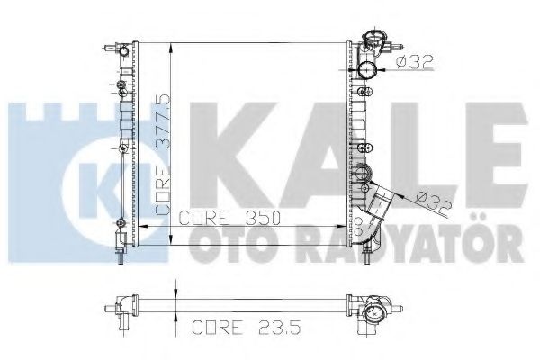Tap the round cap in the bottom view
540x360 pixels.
[x=372, y=315]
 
